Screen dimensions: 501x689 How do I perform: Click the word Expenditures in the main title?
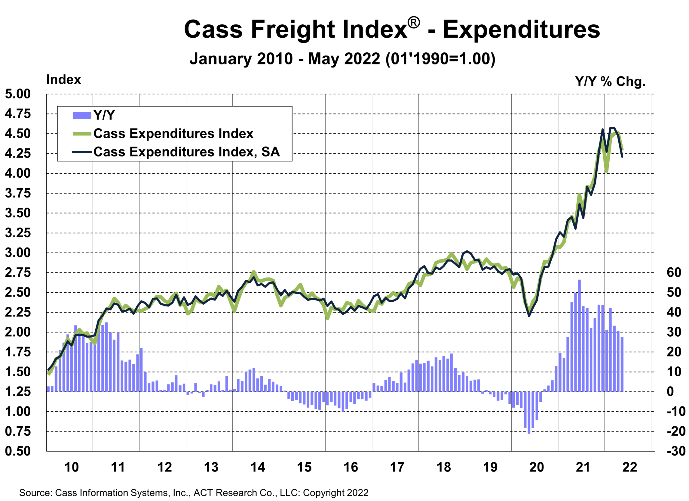tap(521, 30)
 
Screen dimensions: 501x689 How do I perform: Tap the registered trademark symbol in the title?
tap(414, 23)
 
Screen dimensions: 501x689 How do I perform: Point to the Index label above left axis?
tap(63, 80)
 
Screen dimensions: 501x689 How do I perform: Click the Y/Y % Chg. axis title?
tap(610, 82)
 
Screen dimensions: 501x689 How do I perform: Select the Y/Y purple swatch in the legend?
tap(82, 115)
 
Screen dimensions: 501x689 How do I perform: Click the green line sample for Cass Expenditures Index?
tap(82, 134)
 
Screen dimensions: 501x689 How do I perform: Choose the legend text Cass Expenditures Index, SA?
tap(186, 152)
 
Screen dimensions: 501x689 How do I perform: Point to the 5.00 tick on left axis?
tap(18, 94)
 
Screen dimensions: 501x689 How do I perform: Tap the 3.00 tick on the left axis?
tap(18, 253)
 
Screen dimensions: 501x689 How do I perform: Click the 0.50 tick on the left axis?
tap(18, 451)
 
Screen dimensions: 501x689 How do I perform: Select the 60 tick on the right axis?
tap(674, 272)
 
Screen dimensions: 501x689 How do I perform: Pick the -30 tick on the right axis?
tap(676, 451)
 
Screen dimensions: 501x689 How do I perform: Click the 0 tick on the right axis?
tap(670, 392)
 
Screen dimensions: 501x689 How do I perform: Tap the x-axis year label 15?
tap(304, 467)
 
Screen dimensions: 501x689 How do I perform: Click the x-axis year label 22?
tap(629, 467)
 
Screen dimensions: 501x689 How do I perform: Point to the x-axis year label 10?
tap(72, 467)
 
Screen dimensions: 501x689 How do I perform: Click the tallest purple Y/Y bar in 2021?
tap(579, 335)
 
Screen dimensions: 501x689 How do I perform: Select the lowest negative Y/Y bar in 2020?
tap(529, 412)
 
